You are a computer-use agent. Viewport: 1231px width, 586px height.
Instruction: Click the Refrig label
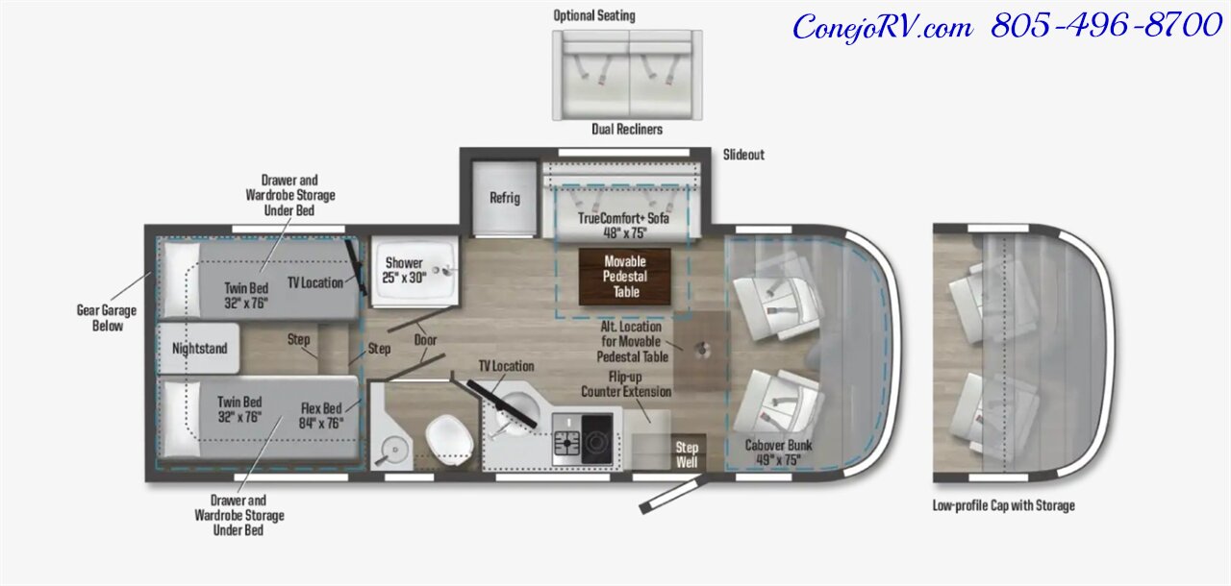[505, 198]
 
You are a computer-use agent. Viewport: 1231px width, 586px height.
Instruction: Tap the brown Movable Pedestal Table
[625, 277]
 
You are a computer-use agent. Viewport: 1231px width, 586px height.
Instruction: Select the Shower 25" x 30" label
[404, 270]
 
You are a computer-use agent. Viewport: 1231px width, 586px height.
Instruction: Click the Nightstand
[198, 349]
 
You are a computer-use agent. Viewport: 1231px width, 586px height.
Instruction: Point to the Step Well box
[688, 453]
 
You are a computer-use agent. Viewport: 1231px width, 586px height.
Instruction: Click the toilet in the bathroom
[449, 440]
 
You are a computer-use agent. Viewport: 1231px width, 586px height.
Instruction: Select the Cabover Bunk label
[778, 452]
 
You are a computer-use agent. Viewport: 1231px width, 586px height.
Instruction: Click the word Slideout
[743, 155]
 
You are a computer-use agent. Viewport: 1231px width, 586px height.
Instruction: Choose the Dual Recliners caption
[627, 129]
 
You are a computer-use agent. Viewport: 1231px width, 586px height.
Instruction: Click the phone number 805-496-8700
[1106, 25]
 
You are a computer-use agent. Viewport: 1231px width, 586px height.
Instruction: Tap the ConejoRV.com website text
[883, 28]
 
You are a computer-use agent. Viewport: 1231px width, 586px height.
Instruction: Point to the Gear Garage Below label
[107, 318]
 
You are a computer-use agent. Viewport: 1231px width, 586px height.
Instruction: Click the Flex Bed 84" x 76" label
[321, 415]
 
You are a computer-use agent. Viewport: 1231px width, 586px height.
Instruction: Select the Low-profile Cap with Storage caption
[1003, 505]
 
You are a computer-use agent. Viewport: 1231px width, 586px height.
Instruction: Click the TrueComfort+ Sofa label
[624, 225]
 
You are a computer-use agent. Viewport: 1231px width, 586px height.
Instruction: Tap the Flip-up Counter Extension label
[626, 384]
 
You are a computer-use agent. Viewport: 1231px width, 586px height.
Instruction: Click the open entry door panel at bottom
[674, 495]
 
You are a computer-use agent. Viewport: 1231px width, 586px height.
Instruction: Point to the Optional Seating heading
[594, 16]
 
